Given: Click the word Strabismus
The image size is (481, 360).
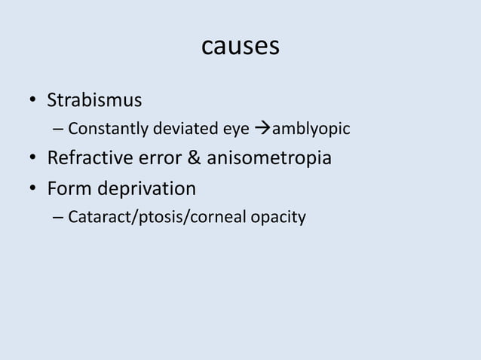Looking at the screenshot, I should point(95,100).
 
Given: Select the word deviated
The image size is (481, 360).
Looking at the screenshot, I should point(182,130).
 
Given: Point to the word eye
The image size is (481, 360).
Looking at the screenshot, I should point(228,130).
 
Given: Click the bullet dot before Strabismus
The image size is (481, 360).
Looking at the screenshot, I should point(32,101).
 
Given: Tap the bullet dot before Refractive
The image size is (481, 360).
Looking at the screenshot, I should point(32,160).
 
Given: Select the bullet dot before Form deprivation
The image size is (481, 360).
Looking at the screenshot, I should point(32,189).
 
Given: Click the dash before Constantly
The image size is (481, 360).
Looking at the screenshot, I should point(58,130).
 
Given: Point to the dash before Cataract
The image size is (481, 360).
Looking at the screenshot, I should point(58,218).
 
